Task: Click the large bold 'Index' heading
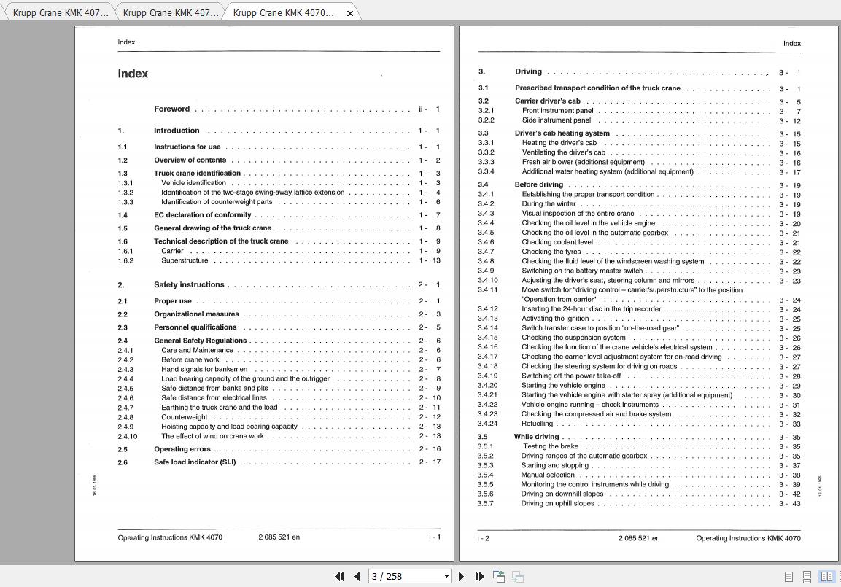click(x=133, y=74)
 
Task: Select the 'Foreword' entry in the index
click(x=171, y=109)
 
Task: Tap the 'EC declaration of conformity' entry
click(x=202, y=215)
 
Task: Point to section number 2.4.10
click(x=127, y=436)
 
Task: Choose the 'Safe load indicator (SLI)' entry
click(x=195, y=462)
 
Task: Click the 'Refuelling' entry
click(x=537, y=424)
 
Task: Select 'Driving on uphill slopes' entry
click(x=557, y=503)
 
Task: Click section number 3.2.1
click(x=486, y=111)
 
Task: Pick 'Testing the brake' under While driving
click(x=550, y=446)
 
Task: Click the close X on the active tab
click(x=350, y=13)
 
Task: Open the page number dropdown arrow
click(x=446, y=576)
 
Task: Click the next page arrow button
click(x=461, y=576)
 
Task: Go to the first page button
click(x=339, y=576)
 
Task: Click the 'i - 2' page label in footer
click(x=483, y=538)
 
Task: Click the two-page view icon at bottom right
click(x=826, y=576)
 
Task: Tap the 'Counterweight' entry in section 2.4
click(x=184, y=417)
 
